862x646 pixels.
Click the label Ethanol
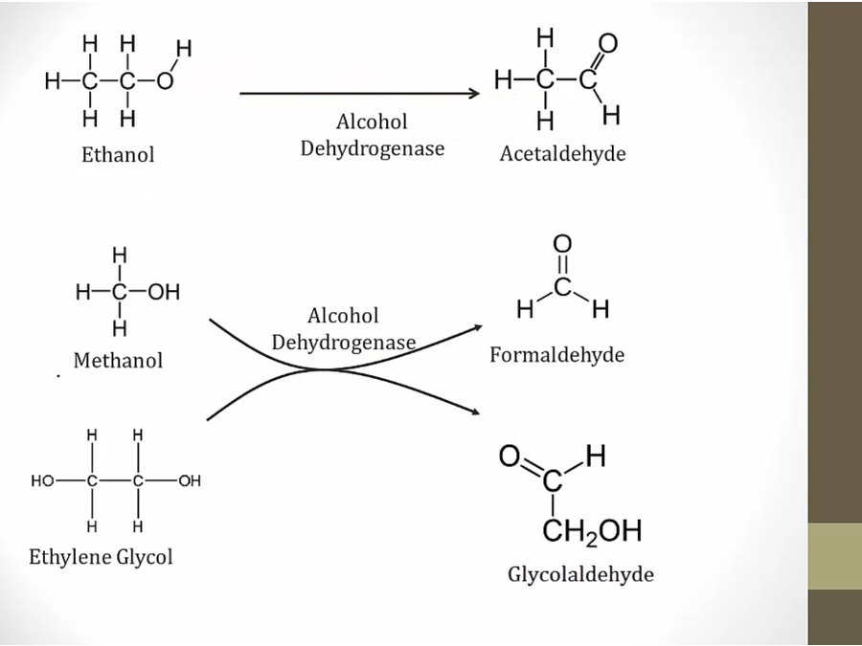(x=118, y=154)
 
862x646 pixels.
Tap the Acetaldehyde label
(x=562, y=154)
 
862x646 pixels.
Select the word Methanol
(x=118, y=361)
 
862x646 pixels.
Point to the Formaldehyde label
(x=556, y=355)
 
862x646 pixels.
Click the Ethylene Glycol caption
(x=101, y=556)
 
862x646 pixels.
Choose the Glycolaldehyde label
(x=580, y=574)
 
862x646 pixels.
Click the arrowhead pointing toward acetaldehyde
(x=472, y=94)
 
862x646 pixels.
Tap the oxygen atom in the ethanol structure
(x=164, y=81)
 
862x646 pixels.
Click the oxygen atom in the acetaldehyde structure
(x=607, y=44)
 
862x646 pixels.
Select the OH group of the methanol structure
(x=163, y=292)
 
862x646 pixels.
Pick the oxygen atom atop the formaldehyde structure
(x=562, y=245)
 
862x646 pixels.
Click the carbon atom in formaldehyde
(x=562, y=286)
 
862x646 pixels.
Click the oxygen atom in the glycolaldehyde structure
(x=509, y=457)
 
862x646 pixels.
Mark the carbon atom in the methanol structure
(x=119, y=292)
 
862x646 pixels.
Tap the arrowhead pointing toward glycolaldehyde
(x=474, y=411)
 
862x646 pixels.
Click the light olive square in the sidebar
(x=834, y=556)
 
